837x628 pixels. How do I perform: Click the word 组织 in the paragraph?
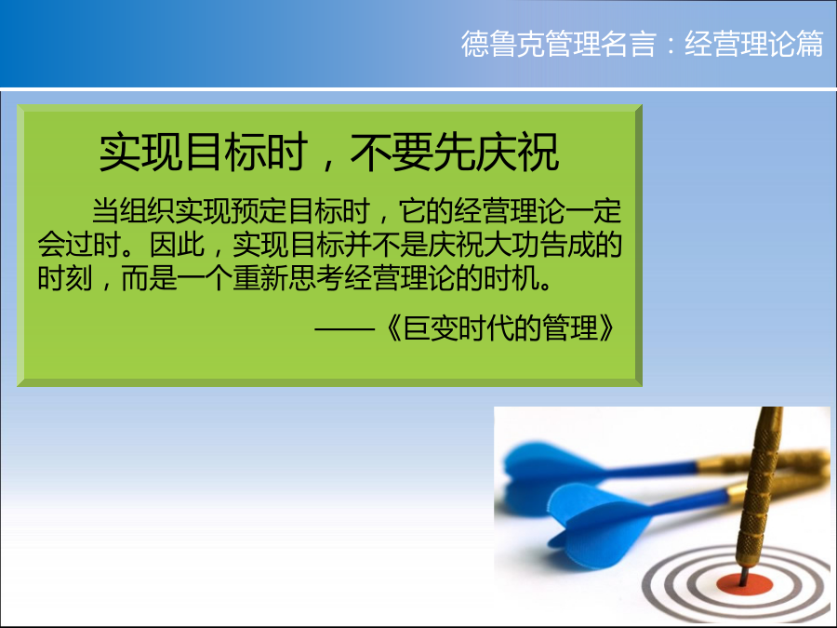147,210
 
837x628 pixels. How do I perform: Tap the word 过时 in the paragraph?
93,245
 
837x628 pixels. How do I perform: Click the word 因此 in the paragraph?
177,245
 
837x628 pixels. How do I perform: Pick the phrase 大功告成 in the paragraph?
538,245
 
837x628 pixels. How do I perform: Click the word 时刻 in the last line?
65,278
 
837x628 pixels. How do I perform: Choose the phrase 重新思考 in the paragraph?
287,278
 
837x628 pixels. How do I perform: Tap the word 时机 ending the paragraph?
511,278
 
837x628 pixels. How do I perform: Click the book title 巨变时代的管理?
500,327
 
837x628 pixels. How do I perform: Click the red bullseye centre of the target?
744,584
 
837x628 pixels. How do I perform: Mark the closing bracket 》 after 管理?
606,327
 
